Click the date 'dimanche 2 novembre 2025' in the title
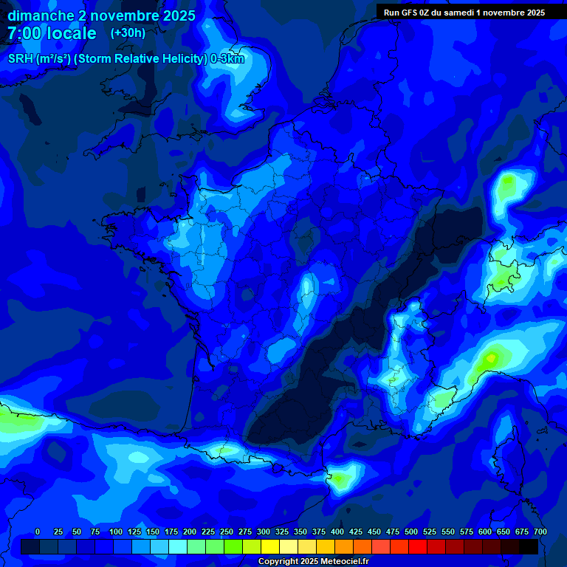[101, 16]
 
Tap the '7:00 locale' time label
[52, 33]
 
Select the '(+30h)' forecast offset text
[128, 33]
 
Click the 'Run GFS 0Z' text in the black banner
[406, 12]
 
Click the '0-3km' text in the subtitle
[227, 59]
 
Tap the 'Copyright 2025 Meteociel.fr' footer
[313, 562]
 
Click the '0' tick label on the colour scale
[38, 532]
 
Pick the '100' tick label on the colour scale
[116, 532]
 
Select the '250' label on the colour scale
[227, 532]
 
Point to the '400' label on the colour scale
[337, 532]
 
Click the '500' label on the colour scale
[411, 532]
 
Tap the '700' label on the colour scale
[540, 532]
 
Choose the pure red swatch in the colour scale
[418, 546]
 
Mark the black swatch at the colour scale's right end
[529, 546]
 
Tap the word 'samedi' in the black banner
[460, 12]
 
